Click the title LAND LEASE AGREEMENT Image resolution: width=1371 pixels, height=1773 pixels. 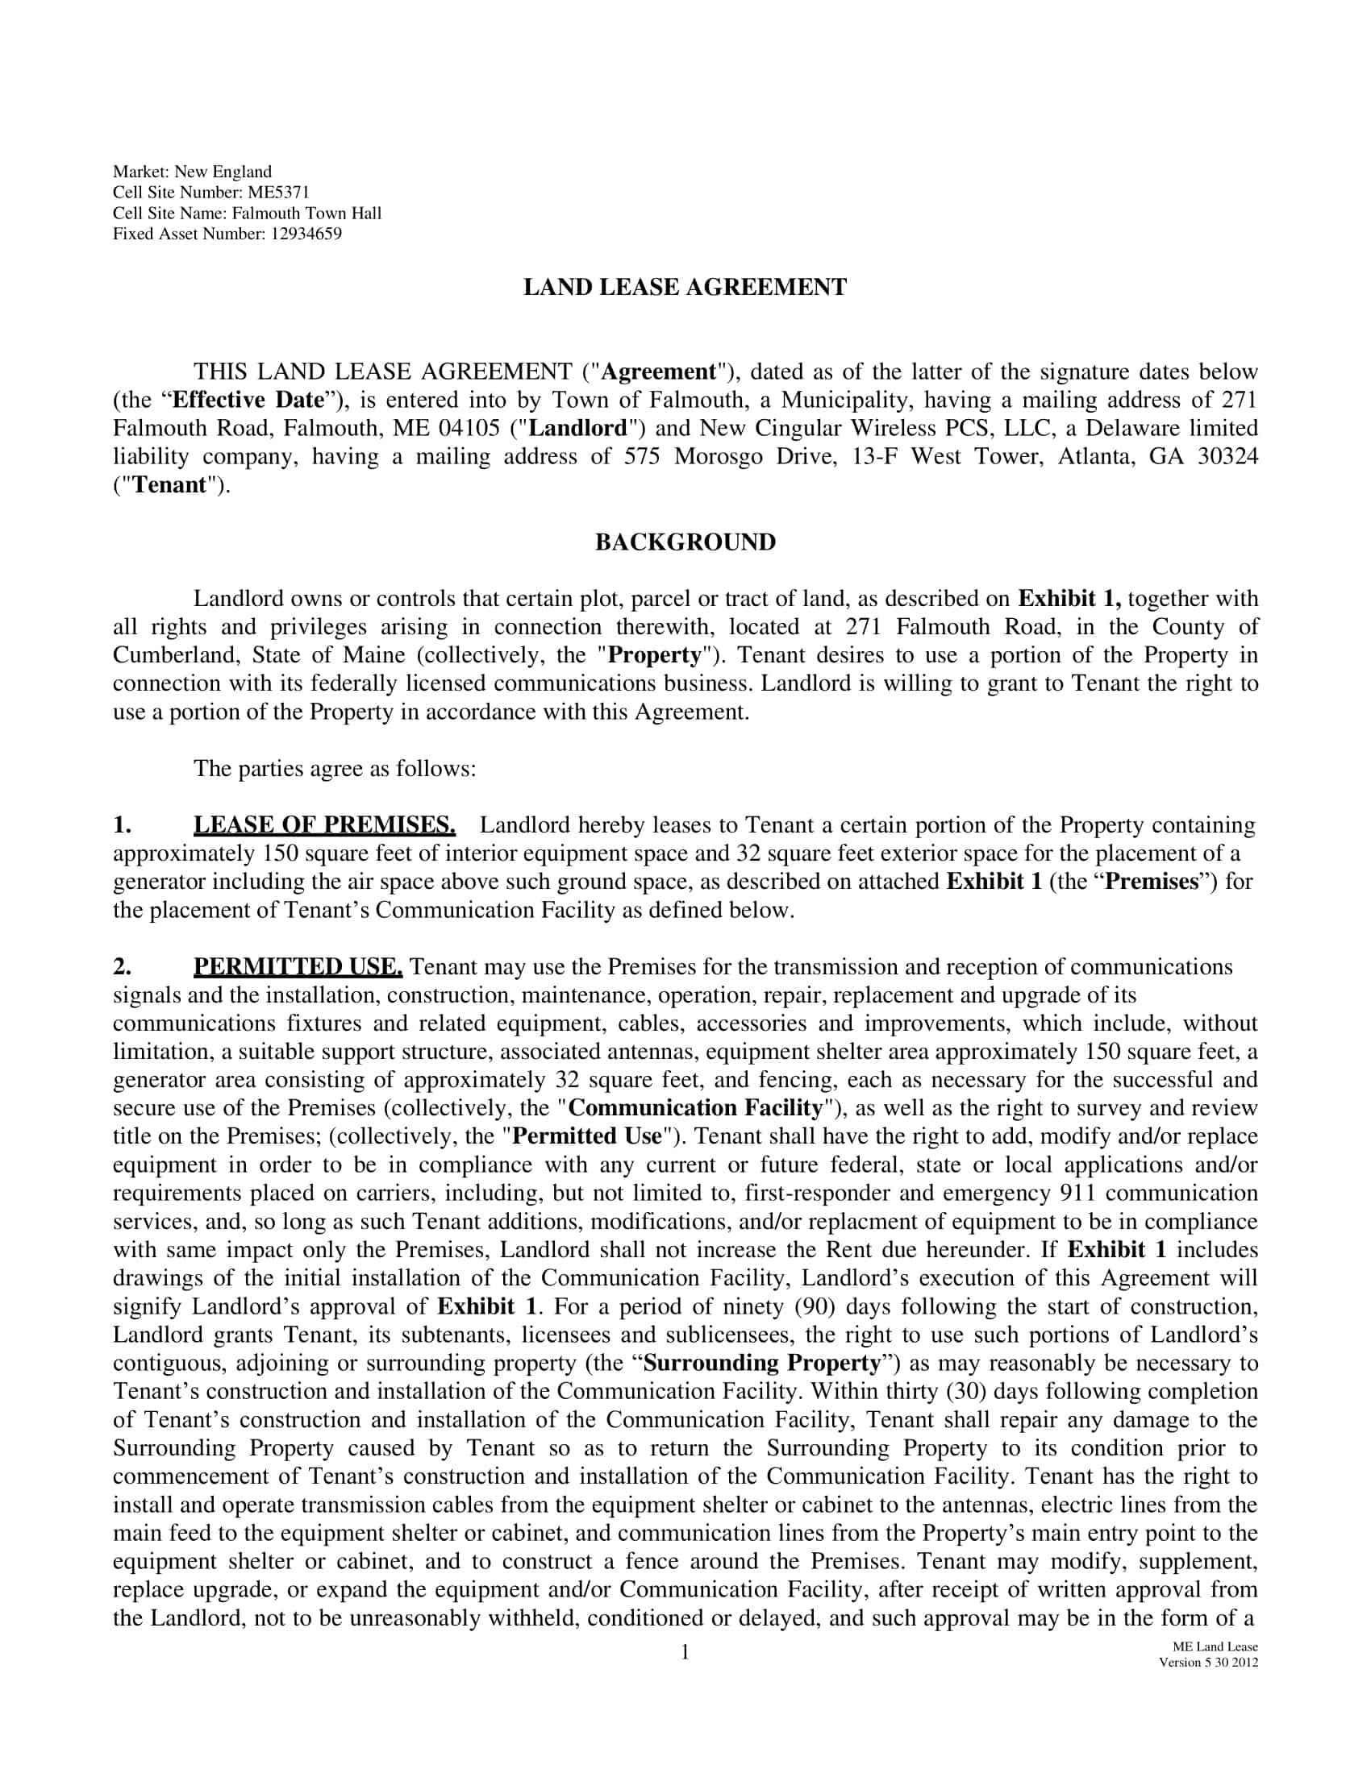685,288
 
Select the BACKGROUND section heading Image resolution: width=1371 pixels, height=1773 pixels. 685,542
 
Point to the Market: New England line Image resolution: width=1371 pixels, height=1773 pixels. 192,172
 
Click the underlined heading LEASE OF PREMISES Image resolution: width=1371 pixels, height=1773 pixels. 324,825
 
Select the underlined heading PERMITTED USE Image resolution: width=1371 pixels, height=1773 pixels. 298,967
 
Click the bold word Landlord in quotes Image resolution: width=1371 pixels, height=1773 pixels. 578,429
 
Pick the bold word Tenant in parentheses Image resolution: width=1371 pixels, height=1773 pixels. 169,485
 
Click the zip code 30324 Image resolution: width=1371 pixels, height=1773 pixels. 1227,457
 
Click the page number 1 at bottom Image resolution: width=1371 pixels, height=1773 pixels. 685,1652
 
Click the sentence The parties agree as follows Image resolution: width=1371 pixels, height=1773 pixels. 334,769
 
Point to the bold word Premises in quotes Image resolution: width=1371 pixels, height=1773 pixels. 1152,882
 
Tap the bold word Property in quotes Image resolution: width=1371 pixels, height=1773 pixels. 655,655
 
